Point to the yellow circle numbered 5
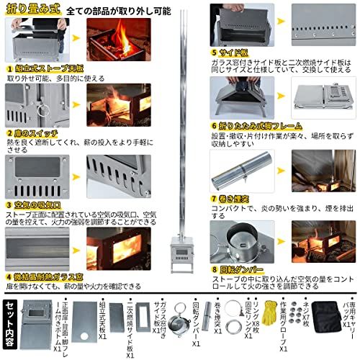point(214,53)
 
